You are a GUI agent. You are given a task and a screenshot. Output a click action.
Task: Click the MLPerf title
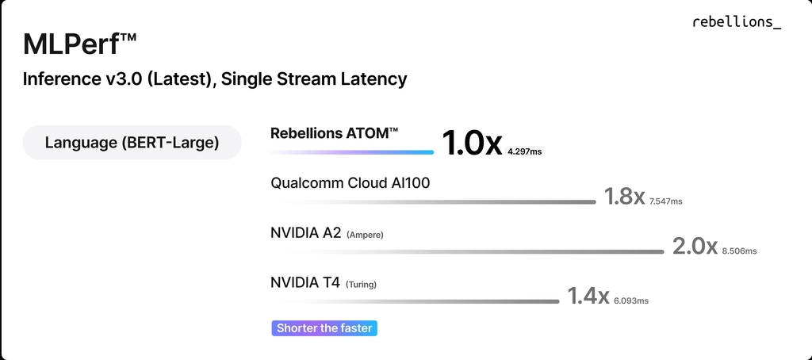tap(80, 45)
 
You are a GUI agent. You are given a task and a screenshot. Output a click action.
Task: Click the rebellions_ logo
tap(737, 22)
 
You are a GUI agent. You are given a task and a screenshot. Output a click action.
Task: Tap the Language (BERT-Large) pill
tap(132, 143)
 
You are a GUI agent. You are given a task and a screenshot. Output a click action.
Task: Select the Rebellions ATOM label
tap(334, 133)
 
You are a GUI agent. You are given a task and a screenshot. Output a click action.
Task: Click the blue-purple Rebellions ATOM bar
tap(350, 152)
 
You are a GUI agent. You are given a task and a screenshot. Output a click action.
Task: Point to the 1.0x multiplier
tap(472, 144)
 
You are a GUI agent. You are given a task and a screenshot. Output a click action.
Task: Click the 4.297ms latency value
tap(525, 151)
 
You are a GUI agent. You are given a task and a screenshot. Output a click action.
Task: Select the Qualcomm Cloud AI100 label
tap(350, 183)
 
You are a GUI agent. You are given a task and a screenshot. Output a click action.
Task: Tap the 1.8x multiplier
tap(624, 197)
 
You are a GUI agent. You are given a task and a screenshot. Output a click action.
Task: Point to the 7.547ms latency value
tap(665, 201)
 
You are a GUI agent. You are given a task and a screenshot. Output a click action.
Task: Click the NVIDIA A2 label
tap(305, 233)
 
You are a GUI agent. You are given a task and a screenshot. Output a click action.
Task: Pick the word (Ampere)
tap(365, 235)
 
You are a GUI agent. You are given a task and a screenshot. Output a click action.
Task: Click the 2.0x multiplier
tap(695, 246)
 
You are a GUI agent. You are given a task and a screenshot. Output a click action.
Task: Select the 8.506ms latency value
tap(739, 251)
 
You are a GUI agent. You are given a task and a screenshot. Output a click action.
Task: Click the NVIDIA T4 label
tap(305, 283)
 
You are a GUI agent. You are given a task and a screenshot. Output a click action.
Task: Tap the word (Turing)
tap(361, 285)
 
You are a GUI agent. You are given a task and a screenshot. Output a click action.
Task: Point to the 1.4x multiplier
tap(588, 296)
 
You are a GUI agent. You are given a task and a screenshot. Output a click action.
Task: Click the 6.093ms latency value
tap(631, 301)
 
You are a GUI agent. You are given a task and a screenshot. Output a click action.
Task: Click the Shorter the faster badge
tap(324, 327)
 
